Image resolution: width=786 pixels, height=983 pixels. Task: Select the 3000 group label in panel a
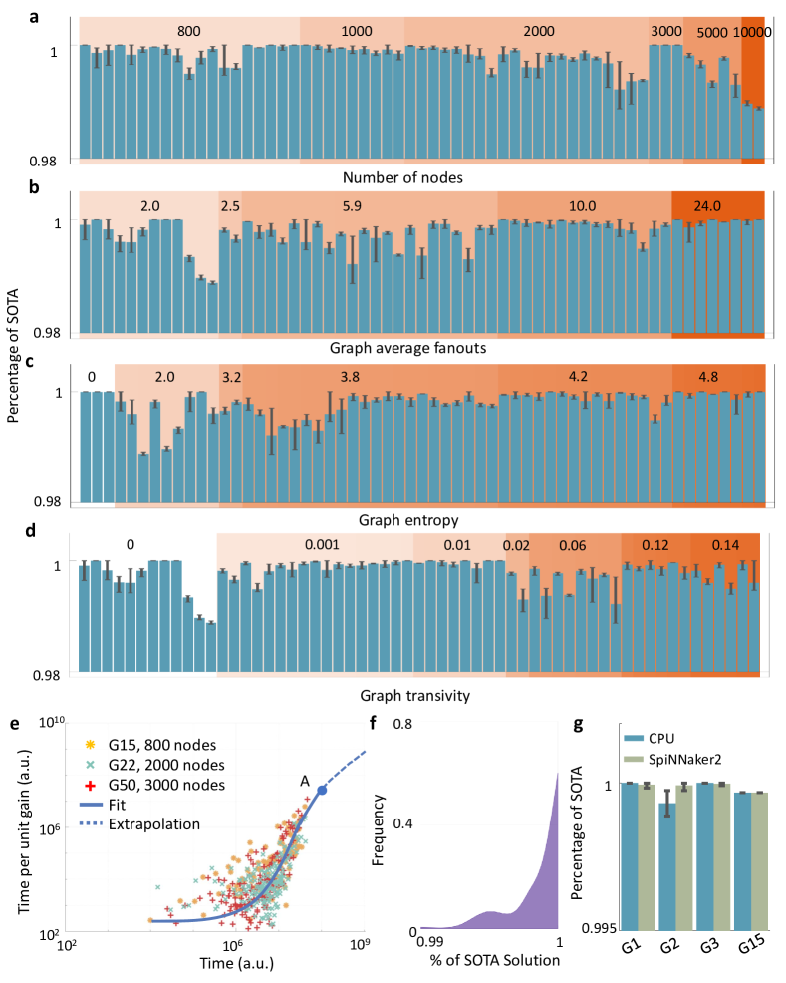pyautogui.click(x=666, y=31)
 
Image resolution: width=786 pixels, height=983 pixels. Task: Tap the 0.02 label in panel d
pyautogui.click(x=516, y=546)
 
